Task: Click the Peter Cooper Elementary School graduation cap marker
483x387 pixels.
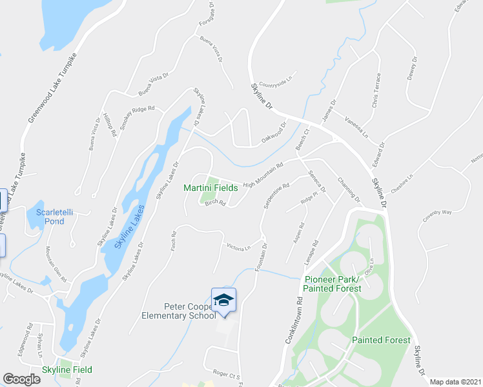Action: [223, 301]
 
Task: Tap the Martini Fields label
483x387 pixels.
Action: [211, 188]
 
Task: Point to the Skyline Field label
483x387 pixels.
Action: [67, 370]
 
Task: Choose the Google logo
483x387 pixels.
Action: [22, 379]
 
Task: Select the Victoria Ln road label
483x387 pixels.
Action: [238, 246]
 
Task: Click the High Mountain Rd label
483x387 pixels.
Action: [263, 175]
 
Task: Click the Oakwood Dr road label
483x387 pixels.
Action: [272, 134]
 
